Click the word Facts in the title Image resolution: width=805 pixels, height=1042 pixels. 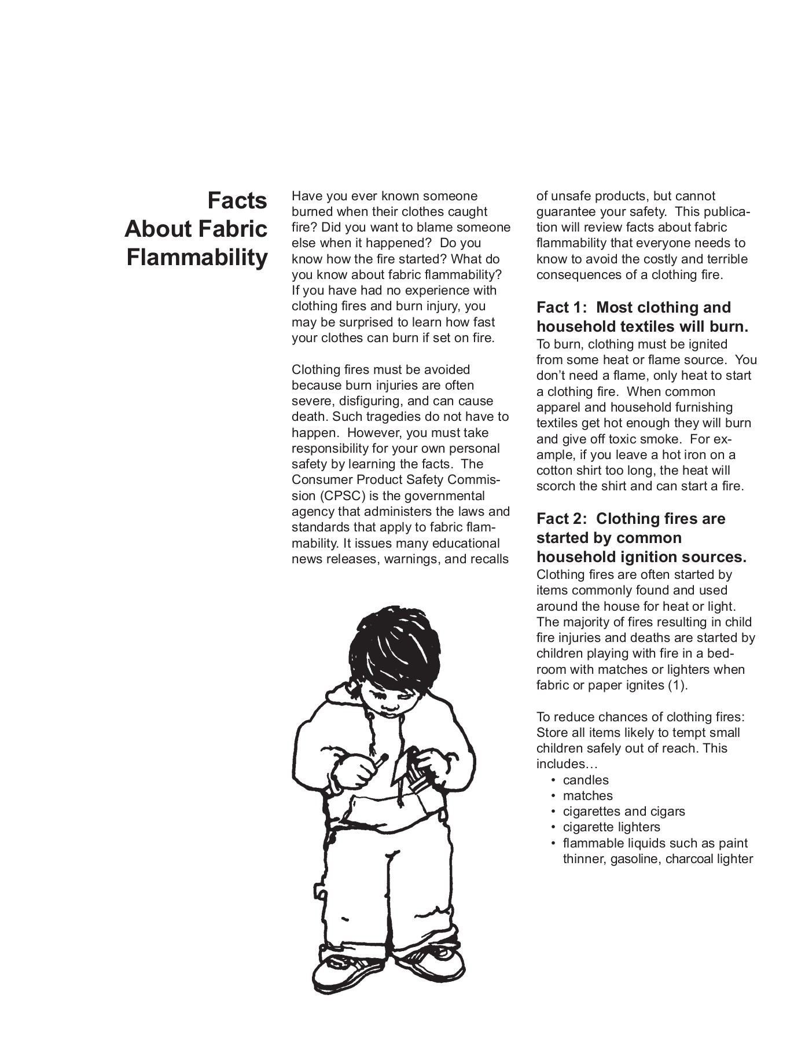(237, 201)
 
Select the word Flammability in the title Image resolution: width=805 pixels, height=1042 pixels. (197, 257)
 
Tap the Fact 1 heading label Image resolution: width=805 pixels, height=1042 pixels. (561, 307)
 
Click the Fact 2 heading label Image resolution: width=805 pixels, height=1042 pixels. (561, 519)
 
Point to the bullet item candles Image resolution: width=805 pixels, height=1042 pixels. (586, 780)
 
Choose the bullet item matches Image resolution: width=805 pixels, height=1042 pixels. (587, 795)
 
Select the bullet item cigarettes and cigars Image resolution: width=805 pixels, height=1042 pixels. (624, 811)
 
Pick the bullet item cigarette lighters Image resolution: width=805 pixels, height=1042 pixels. (611, 827)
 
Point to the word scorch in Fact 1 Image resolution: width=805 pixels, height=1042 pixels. (556, 486)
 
